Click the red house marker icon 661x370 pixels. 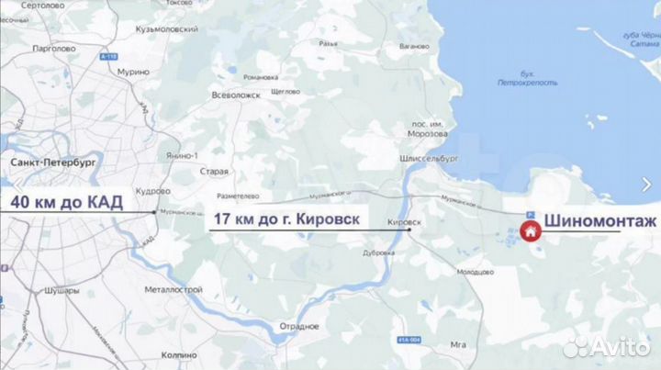click(x=530, y=231)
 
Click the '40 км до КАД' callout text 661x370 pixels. click(x=71, y=202)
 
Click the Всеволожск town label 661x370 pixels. click(x=237, y=95)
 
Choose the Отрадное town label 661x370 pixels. click(x=300, y=326)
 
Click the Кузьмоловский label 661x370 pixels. click(x=165, y=30)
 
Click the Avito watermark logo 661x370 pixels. click(x=606, y=346)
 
